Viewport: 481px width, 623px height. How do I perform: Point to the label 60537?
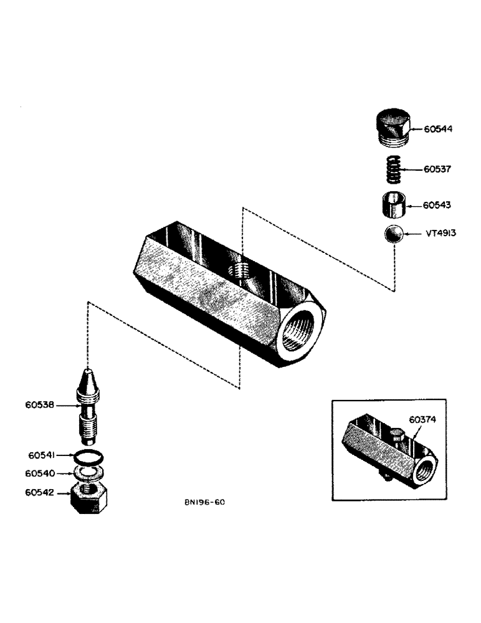point(438,169)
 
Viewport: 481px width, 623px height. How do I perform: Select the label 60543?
point(438,205)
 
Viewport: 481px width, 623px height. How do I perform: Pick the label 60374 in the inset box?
point(422,419)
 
